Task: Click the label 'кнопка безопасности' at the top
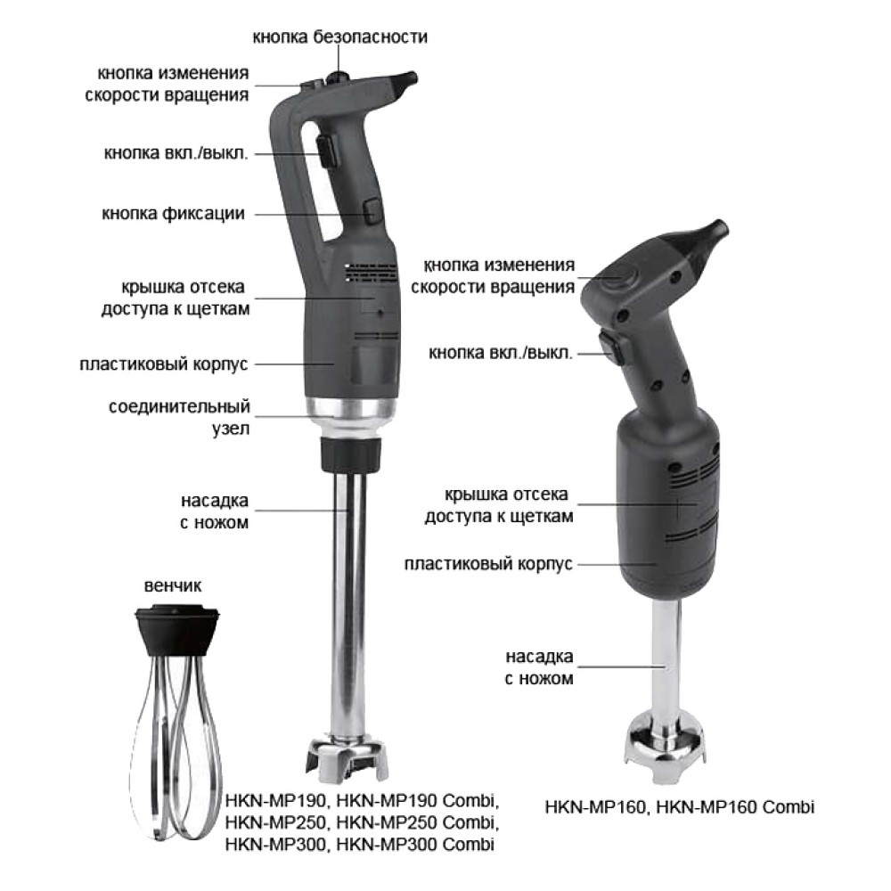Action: pos(339,37)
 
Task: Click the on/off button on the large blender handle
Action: pos(327,151)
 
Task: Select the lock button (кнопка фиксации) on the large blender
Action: pos(372,211)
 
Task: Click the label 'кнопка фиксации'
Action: pos(174,214)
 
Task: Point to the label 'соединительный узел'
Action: pos(180,418)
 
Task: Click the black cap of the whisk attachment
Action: pos(177,631)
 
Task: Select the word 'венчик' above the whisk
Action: pos(173,586)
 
